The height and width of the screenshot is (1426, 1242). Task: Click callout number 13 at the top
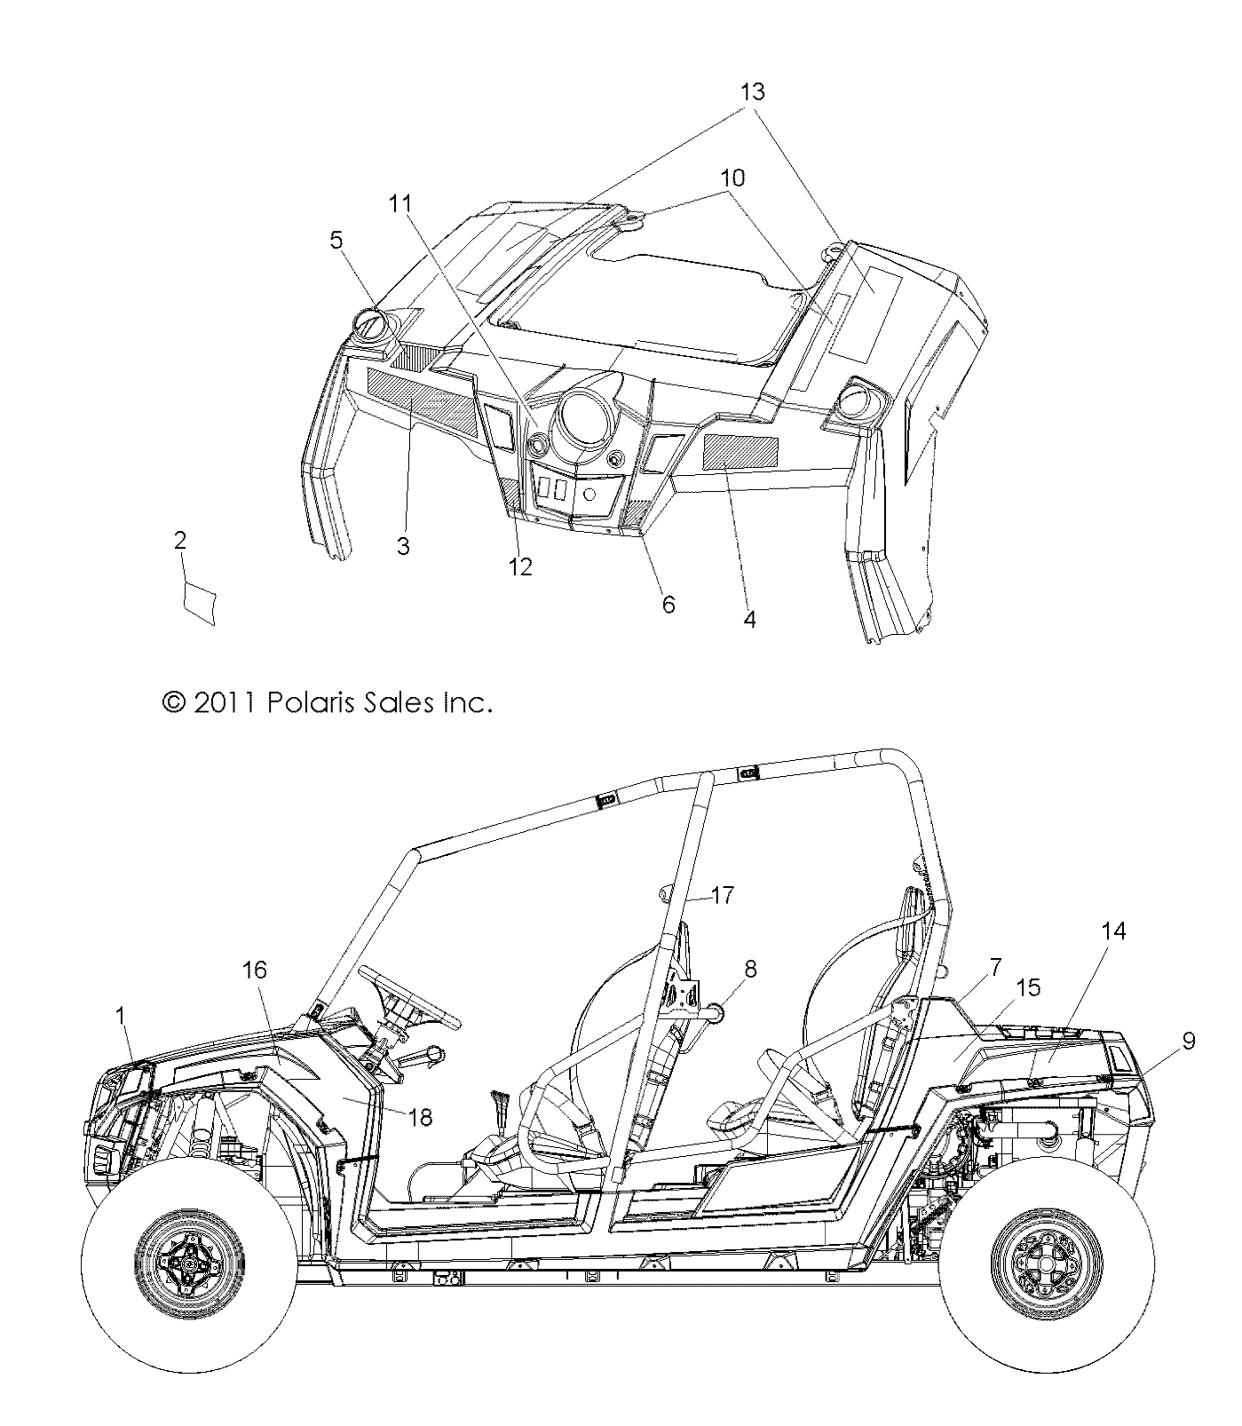[x=752, y=92]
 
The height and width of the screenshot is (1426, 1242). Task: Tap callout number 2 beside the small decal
[x=180, y=541]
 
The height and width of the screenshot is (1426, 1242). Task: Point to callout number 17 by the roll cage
[x=723, y=895]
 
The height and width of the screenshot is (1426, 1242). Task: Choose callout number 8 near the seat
[x=750, y=969]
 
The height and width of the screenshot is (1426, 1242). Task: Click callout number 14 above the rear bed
[x=1113, y=931]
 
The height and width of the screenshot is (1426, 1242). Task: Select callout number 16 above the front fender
[x=255, y=970]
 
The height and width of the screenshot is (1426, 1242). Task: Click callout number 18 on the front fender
[x=420, y=1117]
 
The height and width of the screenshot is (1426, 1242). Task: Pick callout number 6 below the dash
[x=668, y=605]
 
